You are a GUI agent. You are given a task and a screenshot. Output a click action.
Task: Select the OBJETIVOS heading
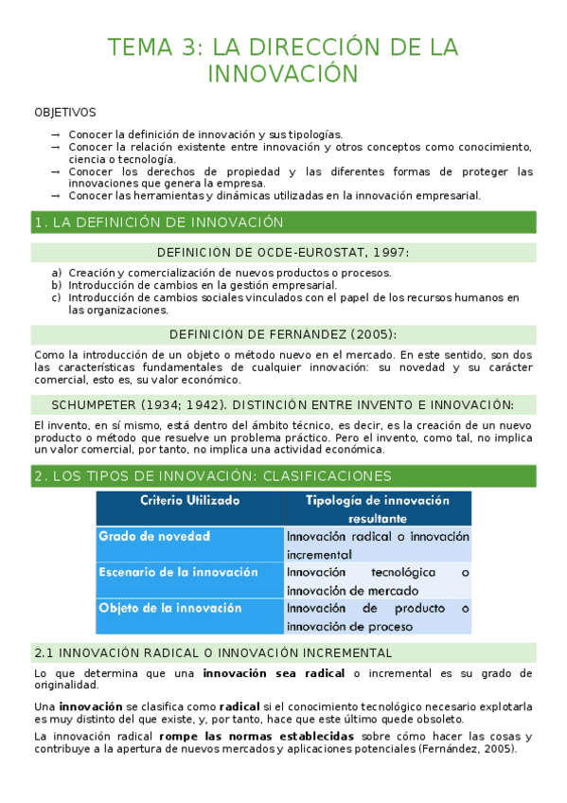tap(64, 113)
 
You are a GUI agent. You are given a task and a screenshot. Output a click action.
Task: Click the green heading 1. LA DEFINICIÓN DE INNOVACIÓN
tap(159, 223)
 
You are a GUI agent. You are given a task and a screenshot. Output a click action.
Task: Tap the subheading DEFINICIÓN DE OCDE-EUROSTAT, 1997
tap(283, 253)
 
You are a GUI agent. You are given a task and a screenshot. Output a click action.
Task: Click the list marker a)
tap(58, 273)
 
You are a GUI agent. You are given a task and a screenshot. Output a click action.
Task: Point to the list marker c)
tap(58, 297)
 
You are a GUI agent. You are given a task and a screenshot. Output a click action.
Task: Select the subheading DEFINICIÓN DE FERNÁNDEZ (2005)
tap(283, 334)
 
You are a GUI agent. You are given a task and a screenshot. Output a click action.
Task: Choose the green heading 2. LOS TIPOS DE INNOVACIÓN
tap(212, 475)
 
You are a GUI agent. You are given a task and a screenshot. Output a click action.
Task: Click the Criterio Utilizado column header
tap(190, 500)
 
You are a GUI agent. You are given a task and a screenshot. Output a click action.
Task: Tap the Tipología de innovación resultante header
tap(378, 509)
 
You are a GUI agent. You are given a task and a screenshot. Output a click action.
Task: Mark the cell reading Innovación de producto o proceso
tap(378, 616)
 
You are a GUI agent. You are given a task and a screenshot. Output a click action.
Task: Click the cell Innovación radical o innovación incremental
tap(378, 544)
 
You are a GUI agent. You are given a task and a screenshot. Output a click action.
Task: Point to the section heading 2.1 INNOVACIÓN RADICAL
tap(212, 653)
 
